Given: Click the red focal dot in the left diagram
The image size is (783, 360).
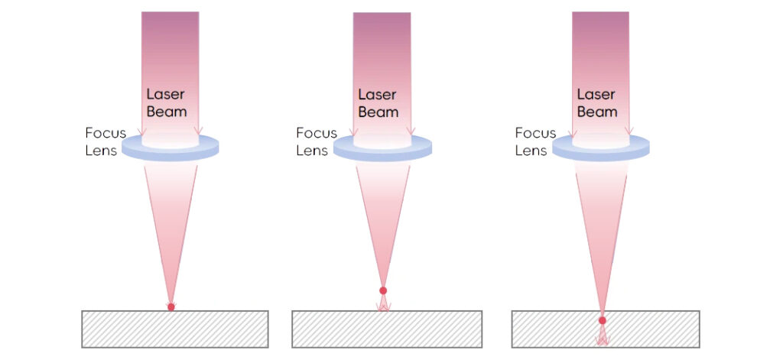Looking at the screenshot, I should click(x=171, y=306).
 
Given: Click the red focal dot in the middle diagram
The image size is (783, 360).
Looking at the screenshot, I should click(x=383, y=290).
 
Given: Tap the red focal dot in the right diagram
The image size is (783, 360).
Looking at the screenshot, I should click(x=603, y=320).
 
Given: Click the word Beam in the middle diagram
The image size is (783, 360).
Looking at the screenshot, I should click(x=379, y=112).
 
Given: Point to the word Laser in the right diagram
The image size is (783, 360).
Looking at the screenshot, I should click(x=596, y=95).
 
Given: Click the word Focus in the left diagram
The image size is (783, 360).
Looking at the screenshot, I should click(x=105, y=134).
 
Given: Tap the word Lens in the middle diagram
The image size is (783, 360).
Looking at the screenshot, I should click(x=312, y=151).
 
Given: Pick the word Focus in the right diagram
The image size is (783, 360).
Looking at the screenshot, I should click(x=535, y=133).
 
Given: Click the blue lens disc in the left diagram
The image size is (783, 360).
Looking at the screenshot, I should click(x=170, y=148).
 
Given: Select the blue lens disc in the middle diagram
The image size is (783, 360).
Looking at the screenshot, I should click(x=382, y=148).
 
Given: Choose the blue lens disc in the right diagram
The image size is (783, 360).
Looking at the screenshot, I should click(x=600, y=147).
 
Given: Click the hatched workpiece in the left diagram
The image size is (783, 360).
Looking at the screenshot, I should click(x=174, y=329).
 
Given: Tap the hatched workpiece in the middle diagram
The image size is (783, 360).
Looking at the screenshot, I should click(x=387, y=329).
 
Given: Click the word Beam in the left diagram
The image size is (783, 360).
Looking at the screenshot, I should click(x=167, y=112).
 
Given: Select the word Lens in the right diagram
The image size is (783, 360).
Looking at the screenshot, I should click(x=531, y=151).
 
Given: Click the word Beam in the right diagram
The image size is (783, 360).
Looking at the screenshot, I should click(x=596, y=112).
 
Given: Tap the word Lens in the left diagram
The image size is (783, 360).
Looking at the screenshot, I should click(x=101, y=151).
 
